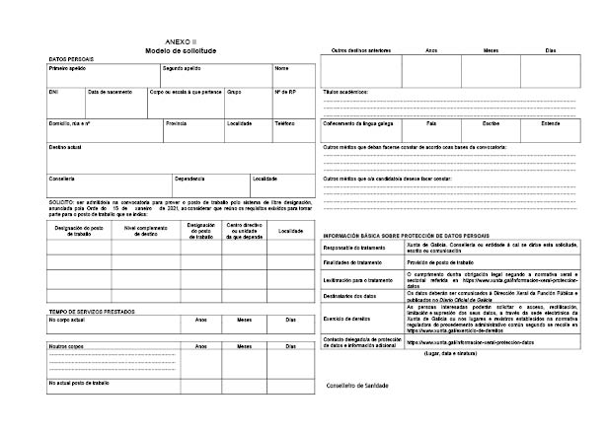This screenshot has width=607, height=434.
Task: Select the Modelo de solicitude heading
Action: point(181,49)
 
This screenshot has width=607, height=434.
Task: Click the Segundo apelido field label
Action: point(183,69)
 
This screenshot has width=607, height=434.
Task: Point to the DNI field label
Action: point(53,92)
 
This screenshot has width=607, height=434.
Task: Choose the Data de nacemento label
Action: point(110,92)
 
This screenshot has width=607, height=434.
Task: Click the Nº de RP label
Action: point(284,92)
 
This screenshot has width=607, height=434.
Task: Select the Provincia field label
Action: point(177,123)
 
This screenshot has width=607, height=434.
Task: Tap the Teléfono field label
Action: point(284,123)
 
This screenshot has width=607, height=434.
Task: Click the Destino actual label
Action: point(65,146)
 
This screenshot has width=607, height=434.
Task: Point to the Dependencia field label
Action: point(190,179)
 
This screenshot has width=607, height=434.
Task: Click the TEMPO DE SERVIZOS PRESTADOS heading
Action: point(90,311)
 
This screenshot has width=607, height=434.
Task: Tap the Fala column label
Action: point(431,123)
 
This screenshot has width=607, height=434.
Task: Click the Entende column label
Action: point(551,123)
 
